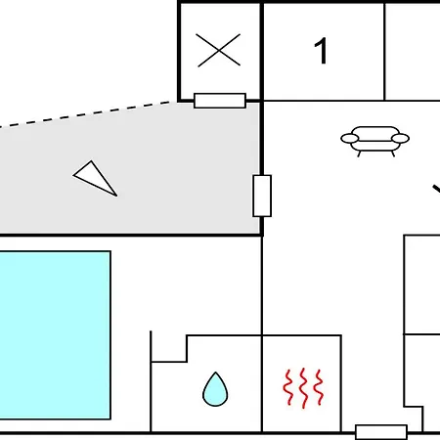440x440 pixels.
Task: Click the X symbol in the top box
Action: click(x=219, y=50)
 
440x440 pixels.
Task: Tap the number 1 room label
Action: click(x=321, y=51)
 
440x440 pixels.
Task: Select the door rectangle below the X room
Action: click(x=220, y=101)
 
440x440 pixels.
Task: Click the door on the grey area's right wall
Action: click(x=262, y=196)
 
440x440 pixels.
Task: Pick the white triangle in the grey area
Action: click(x=94, y=177)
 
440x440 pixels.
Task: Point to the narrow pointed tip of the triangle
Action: click(x=116, y=196)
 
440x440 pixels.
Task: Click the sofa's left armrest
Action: click(x=350, y=139)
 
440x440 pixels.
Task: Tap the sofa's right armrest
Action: click(x=400, y=139)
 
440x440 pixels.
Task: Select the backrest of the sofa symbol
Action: click(x=375, y=131)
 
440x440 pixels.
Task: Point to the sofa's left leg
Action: click(x=359, y=154)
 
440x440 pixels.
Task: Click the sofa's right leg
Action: click(x=393, y=154)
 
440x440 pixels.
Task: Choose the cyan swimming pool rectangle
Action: click(x=55, y=335)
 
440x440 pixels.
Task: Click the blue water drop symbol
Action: click(x=215, y=390)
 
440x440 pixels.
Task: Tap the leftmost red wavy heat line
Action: click(x=288, y=387)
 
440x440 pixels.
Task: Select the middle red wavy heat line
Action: click(x=303, y=388)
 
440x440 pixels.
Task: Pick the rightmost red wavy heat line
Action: click(x=319, y=387)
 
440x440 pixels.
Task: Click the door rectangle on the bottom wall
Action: click(x=381, y=432)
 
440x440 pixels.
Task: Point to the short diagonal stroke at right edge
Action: click(x=437, y=189)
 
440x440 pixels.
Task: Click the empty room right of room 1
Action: click(x=413, y=52)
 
